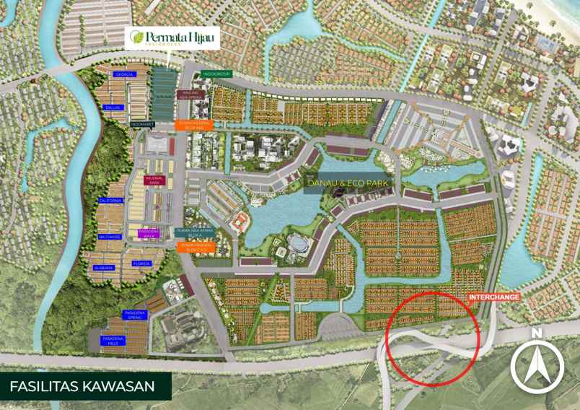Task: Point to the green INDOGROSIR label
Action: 216,74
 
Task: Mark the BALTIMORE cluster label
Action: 110,237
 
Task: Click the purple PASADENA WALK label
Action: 149,233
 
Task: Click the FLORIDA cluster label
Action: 141,264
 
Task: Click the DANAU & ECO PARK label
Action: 349,184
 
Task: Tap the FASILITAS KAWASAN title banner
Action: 82,386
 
